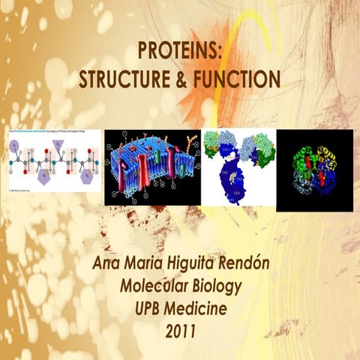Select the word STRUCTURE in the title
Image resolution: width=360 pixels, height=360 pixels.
coord(132,78)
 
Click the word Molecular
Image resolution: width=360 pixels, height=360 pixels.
coord(154,286)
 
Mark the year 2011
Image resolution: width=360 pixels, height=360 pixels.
coord(180,328)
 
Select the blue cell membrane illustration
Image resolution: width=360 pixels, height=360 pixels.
coord(151,166)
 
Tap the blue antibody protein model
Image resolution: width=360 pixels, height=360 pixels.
coord(238,166)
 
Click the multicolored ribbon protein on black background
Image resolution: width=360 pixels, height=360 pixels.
coord(315,166)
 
